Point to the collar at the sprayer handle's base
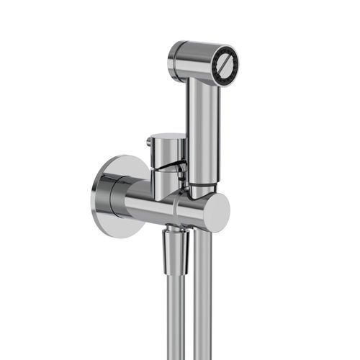point(203,189)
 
